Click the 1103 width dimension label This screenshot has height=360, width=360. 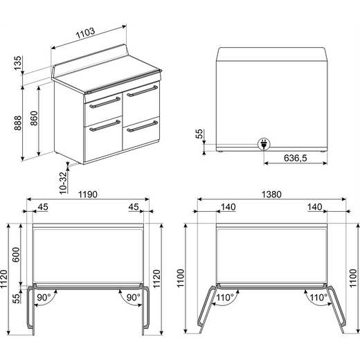(x=85, y=33)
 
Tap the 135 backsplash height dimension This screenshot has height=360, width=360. (x=17, y=63)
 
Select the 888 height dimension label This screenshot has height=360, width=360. (x=18, y=123)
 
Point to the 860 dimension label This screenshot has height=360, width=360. (x=34, y=118)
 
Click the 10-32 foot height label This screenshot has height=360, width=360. (x=63, y=183)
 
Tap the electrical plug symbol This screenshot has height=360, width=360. (x=264, y=144)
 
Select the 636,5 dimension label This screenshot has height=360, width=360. (x=296, y=158)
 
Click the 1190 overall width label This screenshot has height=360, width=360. (x=88, y=195)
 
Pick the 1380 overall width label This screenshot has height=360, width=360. (x=271, y=195)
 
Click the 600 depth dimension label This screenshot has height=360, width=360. (x=16, y=254)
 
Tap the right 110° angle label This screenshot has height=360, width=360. (x=318, y=297)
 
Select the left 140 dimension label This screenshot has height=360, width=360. (x=228, y=207)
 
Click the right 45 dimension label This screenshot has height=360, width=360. (x=134, y=207)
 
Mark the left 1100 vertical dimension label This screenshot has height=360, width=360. (x=181, y=278)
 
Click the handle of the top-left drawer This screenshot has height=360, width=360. (x=105, y=102)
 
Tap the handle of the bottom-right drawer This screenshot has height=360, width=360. (x=143, y=127)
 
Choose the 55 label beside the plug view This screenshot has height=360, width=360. (x=199, y=134)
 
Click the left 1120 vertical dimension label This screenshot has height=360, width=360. (x=4, y=279)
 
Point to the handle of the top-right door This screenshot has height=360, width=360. (x=143, y=91)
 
